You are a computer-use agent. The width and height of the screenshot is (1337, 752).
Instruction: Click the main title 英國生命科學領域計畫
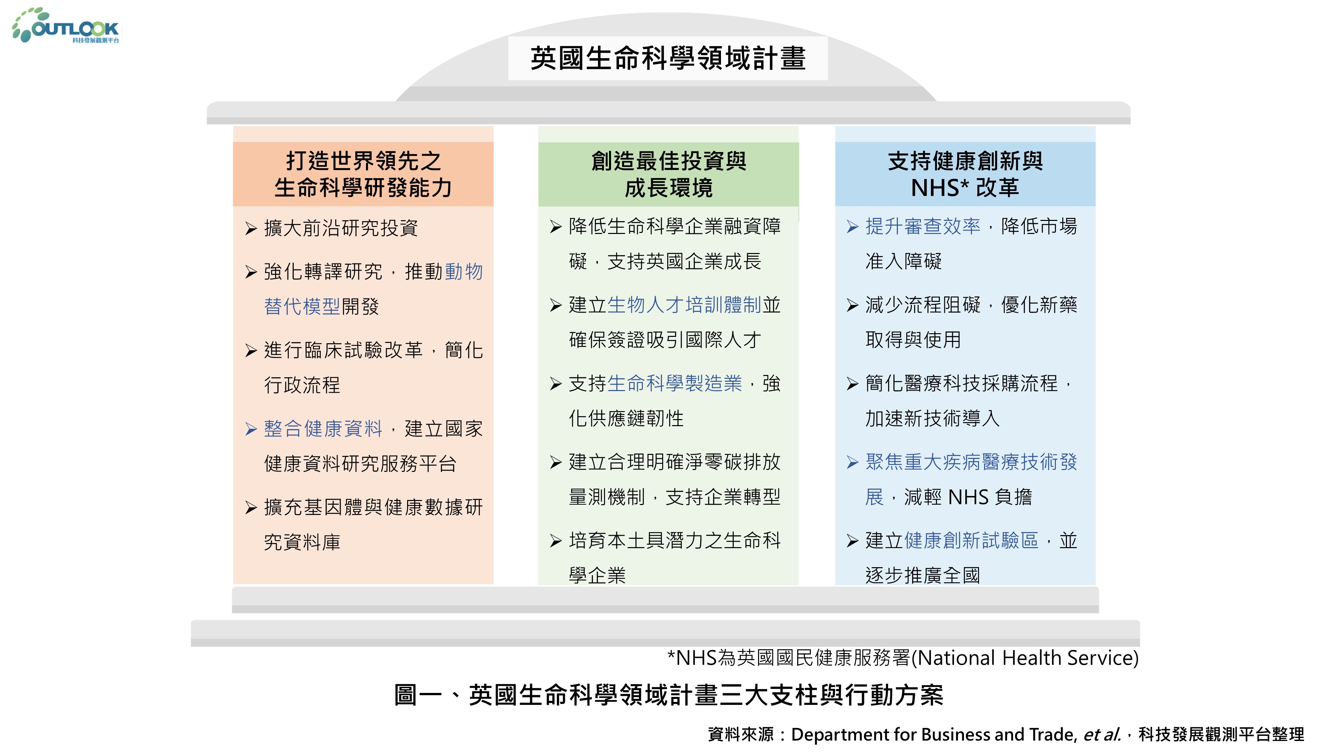pyautogui.click(x=667, y=58)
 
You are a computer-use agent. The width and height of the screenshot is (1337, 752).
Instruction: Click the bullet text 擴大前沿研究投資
pyautogui.click(x=341, y=228)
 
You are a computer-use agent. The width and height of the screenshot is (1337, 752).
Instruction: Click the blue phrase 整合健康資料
pyautogui.click(x=323, y=429)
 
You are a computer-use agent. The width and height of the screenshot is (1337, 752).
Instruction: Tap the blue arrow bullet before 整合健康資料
pyautogui.click(x=251, y=429)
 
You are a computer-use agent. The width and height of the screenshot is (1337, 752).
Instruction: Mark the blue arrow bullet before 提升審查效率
pyautogui.click(x=852, y=227)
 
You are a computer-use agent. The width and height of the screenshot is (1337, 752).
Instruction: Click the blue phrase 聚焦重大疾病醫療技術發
pyautogui.click(x=971, y=462)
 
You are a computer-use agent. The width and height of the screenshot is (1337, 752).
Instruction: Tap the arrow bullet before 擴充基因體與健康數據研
pyautogui.click(x=251, y=508)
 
